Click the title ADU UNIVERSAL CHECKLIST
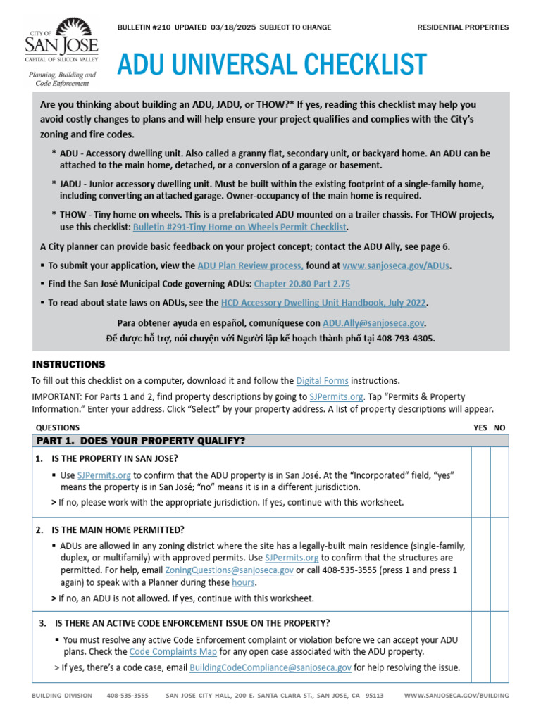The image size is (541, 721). pos(272,65)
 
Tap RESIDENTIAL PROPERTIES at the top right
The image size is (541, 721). pos(462,27)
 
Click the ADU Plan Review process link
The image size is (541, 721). pos(251,265)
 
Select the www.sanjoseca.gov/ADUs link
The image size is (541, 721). pos(396,265)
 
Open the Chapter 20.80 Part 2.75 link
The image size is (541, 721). pos(301,284)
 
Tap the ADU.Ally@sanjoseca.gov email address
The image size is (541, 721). pos(373,323)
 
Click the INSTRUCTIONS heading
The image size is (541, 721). pos(69,365)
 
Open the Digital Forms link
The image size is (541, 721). pos(322,381)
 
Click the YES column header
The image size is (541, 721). pos(480,427)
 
